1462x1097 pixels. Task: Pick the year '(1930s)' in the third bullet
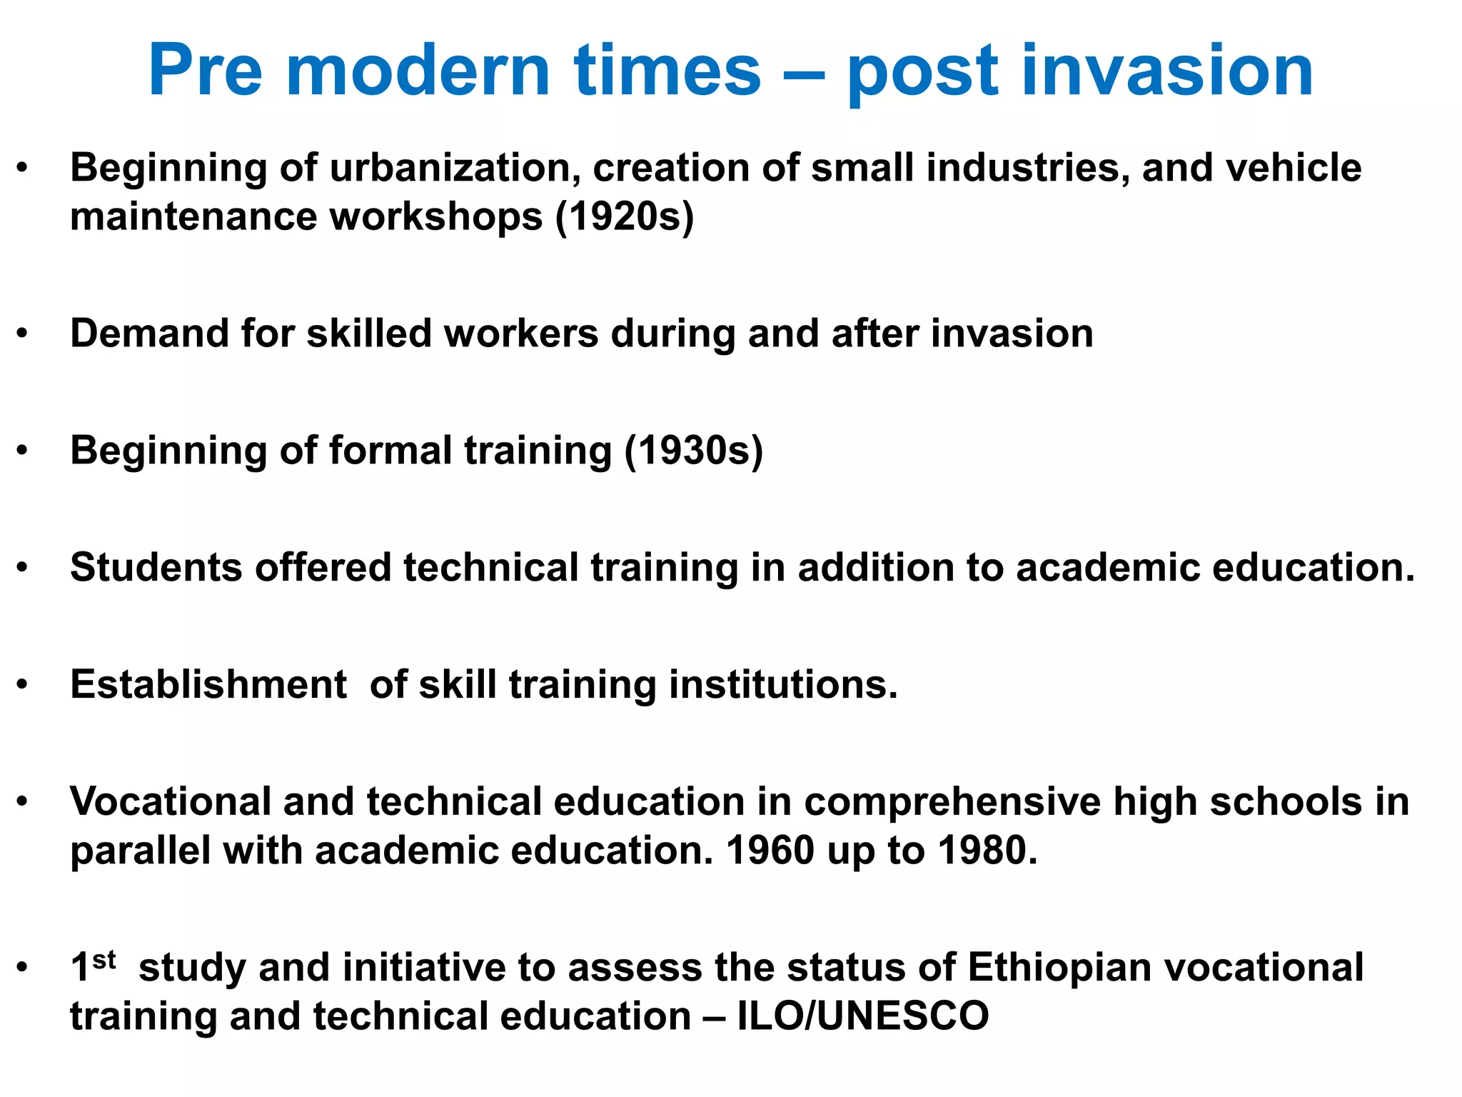click(693, 451)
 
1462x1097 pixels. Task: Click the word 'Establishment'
click(208, 684)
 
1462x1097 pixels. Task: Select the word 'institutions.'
click(783, 684)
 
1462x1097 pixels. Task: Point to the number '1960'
click(770, 851)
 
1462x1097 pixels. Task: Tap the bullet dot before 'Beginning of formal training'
click(23, 451)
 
